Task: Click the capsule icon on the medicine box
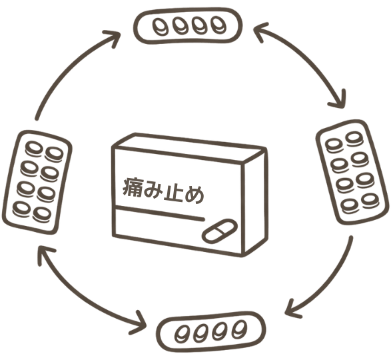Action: [x=220, y=231]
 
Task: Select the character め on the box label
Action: [x=194, y=195]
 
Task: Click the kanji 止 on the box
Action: [x=173, y=192]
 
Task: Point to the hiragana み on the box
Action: [x=153, y=189]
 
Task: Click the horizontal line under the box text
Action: [x=159, y=213]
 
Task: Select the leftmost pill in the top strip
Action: [x=160, y=27]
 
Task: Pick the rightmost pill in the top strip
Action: [x=218, y=25]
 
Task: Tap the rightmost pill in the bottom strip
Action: [x=239, y=329]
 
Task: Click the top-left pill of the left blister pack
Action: [x=34, y=149]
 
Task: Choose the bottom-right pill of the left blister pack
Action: [x=42, y=215]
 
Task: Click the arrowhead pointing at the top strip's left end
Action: [x=113, y=38]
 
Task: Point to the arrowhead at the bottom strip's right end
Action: [x=292, y=308]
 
